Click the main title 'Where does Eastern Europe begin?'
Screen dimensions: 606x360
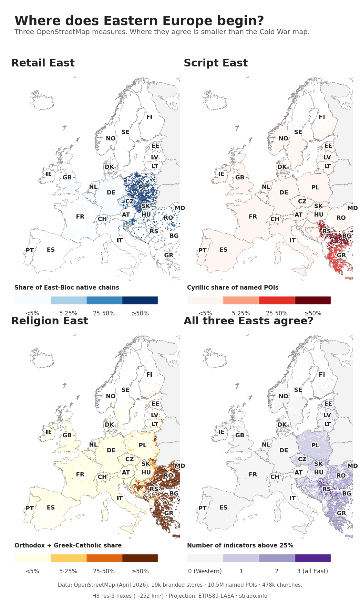click(x=139, y=21)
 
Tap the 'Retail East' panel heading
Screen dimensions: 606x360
click(x=43, y=63)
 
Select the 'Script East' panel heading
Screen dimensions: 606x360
click(x=215, y=63)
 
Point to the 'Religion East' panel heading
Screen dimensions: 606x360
click(x=50, y=321)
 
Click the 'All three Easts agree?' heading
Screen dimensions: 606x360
click(x=248, y=321)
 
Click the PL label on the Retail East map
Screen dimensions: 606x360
click(x=143, y=188)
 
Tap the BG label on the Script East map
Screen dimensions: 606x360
click(x=347, y=236)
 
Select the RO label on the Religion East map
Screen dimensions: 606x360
click(x=168, y=476)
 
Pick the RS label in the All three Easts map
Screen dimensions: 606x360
click(x=326, y=489)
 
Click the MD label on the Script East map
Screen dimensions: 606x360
click(x=352, y=208)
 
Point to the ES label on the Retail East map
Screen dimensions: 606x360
click(x=51, y=250)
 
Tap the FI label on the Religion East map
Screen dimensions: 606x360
click(x=149, y=375)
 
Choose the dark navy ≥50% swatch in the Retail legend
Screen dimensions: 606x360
click(x=140, y=300)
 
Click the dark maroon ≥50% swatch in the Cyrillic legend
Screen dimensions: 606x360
click(x=312, y=300)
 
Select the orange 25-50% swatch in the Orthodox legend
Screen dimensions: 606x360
click(x=104, y=558)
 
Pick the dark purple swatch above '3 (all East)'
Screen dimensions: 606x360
click(x=312, y=558)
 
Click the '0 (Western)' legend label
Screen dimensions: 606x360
click(x=205, y=571)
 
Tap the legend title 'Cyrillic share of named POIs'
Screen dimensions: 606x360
click(x=233, y=288)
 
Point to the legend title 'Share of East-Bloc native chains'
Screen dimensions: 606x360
click(x=67, y=288)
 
